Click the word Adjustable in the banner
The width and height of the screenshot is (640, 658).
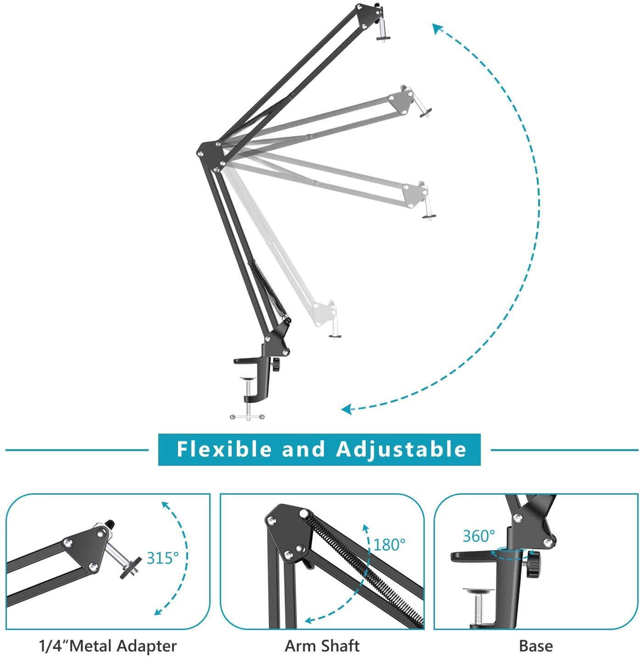pos(401,449)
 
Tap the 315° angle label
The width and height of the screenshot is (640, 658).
pos(162,558)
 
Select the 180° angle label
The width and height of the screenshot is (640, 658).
pos(389,544)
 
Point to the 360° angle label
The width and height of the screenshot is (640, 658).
pos(479,536)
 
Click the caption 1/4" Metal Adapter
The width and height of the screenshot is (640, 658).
pos(107,646)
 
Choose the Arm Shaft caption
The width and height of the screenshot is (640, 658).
pos(322,646)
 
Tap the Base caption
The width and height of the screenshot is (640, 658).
pos(535,646)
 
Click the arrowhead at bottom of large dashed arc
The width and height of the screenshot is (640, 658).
pos(347,408)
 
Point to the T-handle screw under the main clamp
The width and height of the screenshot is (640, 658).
pos(248,416)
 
